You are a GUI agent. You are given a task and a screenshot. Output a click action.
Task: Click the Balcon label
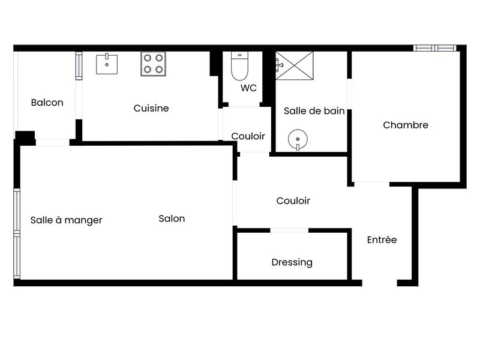47,103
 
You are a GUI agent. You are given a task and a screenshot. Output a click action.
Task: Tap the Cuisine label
151,109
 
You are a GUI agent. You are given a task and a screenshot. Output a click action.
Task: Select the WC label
248,88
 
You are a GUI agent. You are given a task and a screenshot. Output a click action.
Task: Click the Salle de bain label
314,110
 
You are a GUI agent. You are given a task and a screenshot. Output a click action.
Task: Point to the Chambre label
406,125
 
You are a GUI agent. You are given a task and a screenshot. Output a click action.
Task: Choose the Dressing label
292,262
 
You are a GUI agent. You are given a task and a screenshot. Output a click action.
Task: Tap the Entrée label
382,239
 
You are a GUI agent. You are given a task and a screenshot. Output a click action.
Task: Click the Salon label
172,218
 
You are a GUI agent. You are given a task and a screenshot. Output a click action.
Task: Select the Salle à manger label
66,220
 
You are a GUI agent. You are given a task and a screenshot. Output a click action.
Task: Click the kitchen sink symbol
107,64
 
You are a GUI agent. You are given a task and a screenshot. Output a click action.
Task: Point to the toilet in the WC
239,67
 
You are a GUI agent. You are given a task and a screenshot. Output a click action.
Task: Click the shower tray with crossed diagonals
295,65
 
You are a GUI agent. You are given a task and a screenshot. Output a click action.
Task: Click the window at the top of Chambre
435,48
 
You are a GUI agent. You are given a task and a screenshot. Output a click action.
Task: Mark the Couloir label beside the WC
248,136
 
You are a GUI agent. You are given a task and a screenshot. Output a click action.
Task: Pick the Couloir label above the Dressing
293,201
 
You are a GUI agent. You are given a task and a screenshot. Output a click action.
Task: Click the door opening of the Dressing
289,230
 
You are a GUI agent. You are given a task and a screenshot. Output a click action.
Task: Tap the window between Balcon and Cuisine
79,66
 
